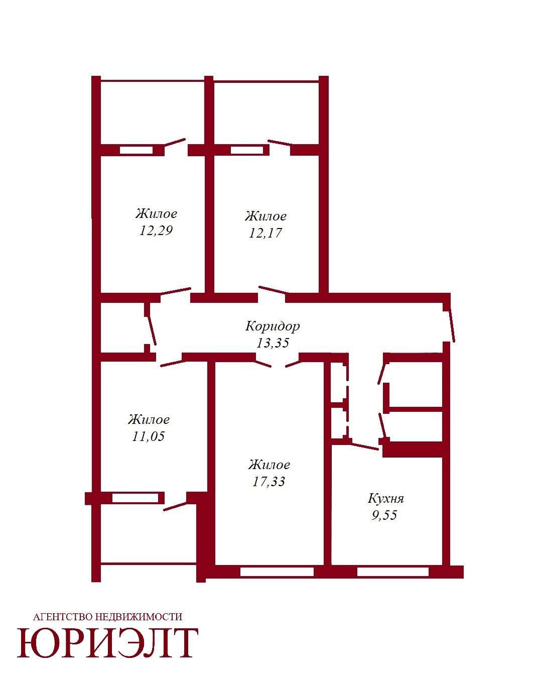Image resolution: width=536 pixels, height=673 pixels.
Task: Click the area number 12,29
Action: [x=156, y=231]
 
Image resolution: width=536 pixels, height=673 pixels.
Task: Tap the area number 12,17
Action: [x=265, y=233]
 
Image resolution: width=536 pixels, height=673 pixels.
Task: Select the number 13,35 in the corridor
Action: [x=273, y=343]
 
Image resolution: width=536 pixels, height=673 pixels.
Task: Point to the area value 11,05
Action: [x=148, y=436]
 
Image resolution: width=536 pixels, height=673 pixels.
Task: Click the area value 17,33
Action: [x=269, y=482]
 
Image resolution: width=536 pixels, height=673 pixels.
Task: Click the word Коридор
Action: [x=273, y=326]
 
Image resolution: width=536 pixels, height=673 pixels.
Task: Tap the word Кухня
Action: [x=385, y=499]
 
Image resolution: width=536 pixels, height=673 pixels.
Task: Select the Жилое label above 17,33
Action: [x=269, y=465]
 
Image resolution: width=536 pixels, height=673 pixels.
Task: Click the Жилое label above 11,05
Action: [x=149, y=419]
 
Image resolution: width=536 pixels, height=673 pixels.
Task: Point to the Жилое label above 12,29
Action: [x=156, y=214]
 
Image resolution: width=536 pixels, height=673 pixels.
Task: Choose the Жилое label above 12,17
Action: [x=265, y=216]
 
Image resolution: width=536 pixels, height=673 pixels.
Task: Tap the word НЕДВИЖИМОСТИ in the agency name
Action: [x=138, y=617]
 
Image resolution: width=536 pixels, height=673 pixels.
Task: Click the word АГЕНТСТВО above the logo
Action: [x=63, y=617]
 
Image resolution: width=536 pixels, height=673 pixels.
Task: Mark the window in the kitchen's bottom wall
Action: [x=392, y=572]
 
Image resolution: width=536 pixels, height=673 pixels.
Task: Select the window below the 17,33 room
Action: [x=277, y=572]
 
